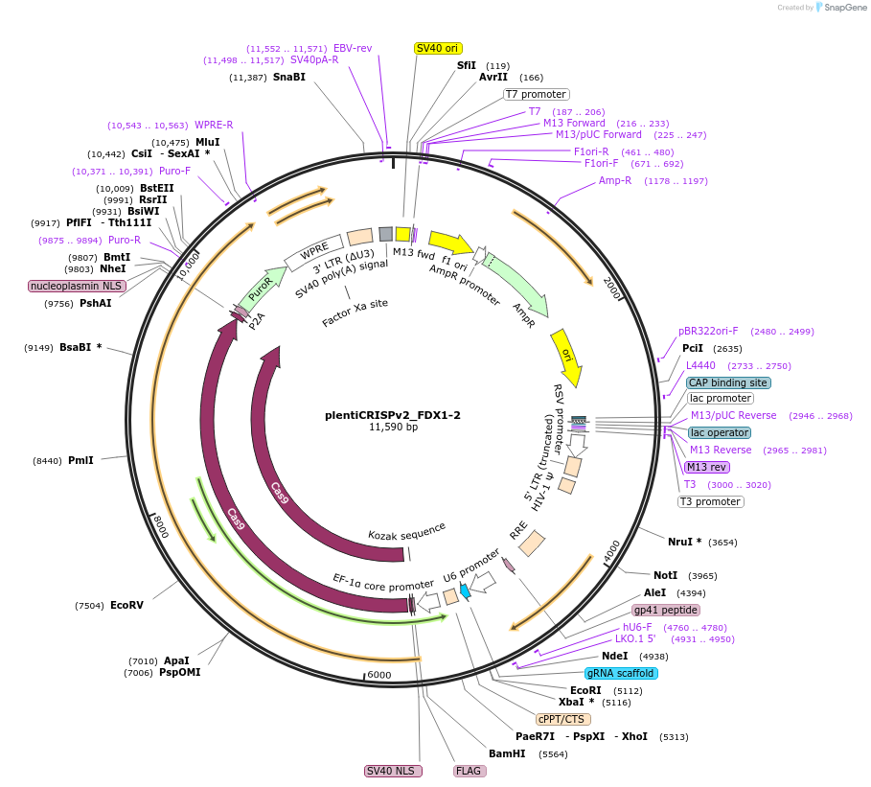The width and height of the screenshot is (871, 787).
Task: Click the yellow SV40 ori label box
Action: pyautogui.click(x=437, y=48)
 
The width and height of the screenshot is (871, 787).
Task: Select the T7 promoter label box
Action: pyautogui.click(x=537, y=94)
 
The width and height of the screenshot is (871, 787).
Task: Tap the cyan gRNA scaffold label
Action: pyautogui.click(x=621, y=673)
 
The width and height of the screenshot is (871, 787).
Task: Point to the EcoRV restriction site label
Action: pyautogui.click(x=126, y=606)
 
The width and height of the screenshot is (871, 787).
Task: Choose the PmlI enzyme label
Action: pyautogui.click(x=80, y=460)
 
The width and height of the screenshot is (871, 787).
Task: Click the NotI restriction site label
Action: pyautogui.click(x=665, y=575)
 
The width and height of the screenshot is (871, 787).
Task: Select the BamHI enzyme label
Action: pyautogui.click(x=507, y=754)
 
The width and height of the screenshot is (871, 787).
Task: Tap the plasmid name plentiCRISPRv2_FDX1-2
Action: pyautogui.click(x=393, y=415)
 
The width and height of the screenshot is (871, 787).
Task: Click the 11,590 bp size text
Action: pyautogui.click(x=393, y=428)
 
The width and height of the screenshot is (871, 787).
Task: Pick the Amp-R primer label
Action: pyautogui.click(x=615, y=180)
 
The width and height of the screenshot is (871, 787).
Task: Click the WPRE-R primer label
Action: pyautogui.click(x=214, y=125)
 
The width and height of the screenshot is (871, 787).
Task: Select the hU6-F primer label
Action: pyautogui.click(x=637, y=628)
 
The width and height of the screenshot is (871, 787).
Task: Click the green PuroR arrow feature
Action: pyautogui.click(x=261, y=289)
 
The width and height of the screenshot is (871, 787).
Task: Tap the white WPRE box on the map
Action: pyautogui.click(x=313, y=254)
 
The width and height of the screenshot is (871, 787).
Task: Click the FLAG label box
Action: pyautogui.click(x=469, y=771)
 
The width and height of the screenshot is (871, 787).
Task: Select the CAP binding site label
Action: pyautogui.click(x=728, y=382)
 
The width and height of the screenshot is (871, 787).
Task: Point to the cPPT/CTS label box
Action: pyautogui.click(x=563, y=719)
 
